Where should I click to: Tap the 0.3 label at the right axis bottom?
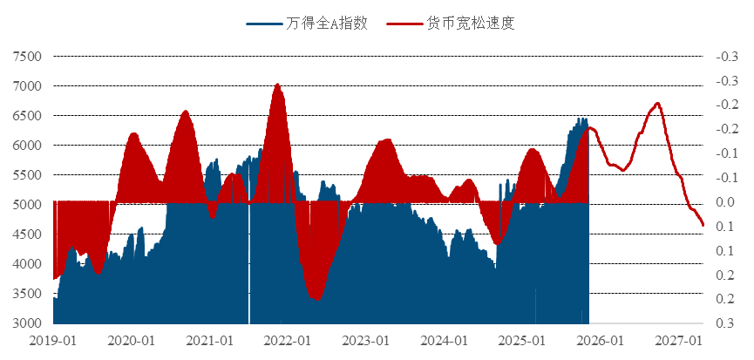[725, 323]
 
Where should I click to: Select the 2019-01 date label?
[54, 340]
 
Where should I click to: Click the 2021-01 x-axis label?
[210, 340]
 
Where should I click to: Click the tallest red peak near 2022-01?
[276, 85]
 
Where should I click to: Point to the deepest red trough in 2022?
[317, 299]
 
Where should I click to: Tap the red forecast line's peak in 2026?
[657, 103]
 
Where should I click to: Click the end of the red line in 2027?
[703, 226]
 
